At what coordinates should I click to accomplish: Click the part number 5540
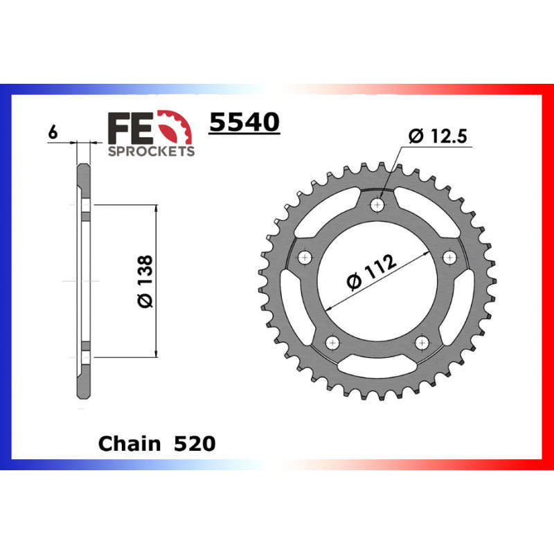[x=244, y=123]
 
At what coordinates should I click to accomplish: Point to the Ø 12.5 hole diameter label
[x=439, y=136]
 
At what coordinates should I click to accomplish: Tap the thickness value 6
[x=51, y=132]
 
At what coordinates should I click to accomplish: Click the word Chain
[x=127, y=443]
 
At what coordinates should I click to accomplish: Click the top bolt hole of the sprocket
[x=377, y=205]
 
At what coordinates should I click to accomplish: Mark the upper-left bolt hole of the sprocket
[x=304, y=258]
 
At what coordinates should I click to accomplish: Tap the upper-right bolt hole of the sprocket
[x=451, y=258]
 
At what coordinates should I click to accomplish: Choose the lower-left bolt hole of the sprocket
[x=332, y=343]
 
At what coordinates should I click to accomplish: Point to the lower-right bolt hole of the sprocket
[x=422, y=343]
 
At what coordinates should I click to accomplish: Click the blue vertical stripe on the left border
[x=6, y=277]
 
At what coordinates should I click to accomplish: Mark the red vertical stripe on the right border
[x=548, y=277]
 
